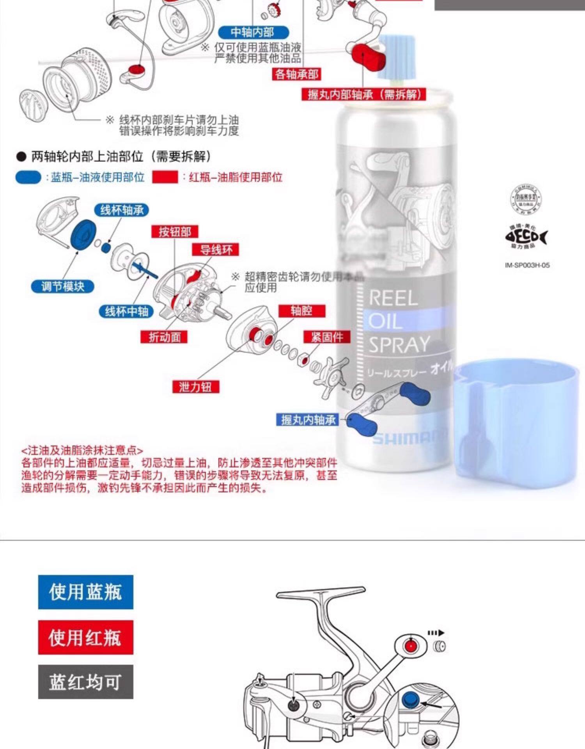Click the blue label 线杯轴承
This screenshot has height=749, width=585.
pyautogui.click(x=121, y=210)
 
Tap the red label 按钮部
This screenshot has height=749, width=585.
pyautogui.click(x=175, y=232)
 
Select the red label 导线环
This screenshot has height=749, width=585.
pyautogui.click(x=216, y=250)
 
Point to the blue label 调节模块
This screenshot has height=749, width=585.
pyautogui.click(x=63, y=287)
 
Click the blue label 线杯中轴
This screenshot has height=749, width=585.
pyautogui.click(x=126, y=311)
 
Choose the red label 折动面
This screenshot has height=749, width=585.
pyautogui.click(x=164, y=337)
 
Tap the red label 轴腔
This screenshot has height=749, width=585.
pyautogui.click(x=301, y=311)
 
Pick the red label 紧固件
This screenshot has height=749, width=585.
pyautogui.click(x=327, y=337)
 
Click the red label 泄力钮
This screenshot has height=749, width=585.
pyautogui.click(x=196, y=387)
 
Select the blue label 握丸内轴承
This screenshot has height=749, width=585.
pyautogui.click(x=308, y=420)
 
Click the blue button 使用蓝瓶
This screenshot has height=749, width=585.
pyautogui.click(x=85, y=592)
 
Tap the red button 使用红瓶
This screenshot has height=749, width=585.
pyautogui.click(x=85, y=637)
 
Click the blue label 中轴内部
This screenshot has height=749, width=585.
pyautogui.click(x=253, y=32)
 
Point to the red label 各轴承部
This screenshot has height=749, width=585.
pyautogui.click(x=296, y=74)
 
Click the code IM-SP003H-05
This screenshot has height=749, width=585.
pyautogui.click(x=527, y=265)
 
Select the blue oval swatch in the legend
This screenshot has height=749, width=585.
pyautogui.click(x=28, y=177)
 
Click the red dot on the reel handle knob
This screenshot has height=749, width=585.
pyautogui.click(x=410, y=646)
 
